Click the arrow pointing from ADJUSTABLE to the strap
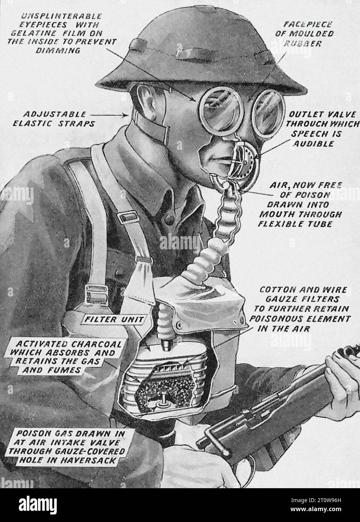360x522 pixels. [109, 114]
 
